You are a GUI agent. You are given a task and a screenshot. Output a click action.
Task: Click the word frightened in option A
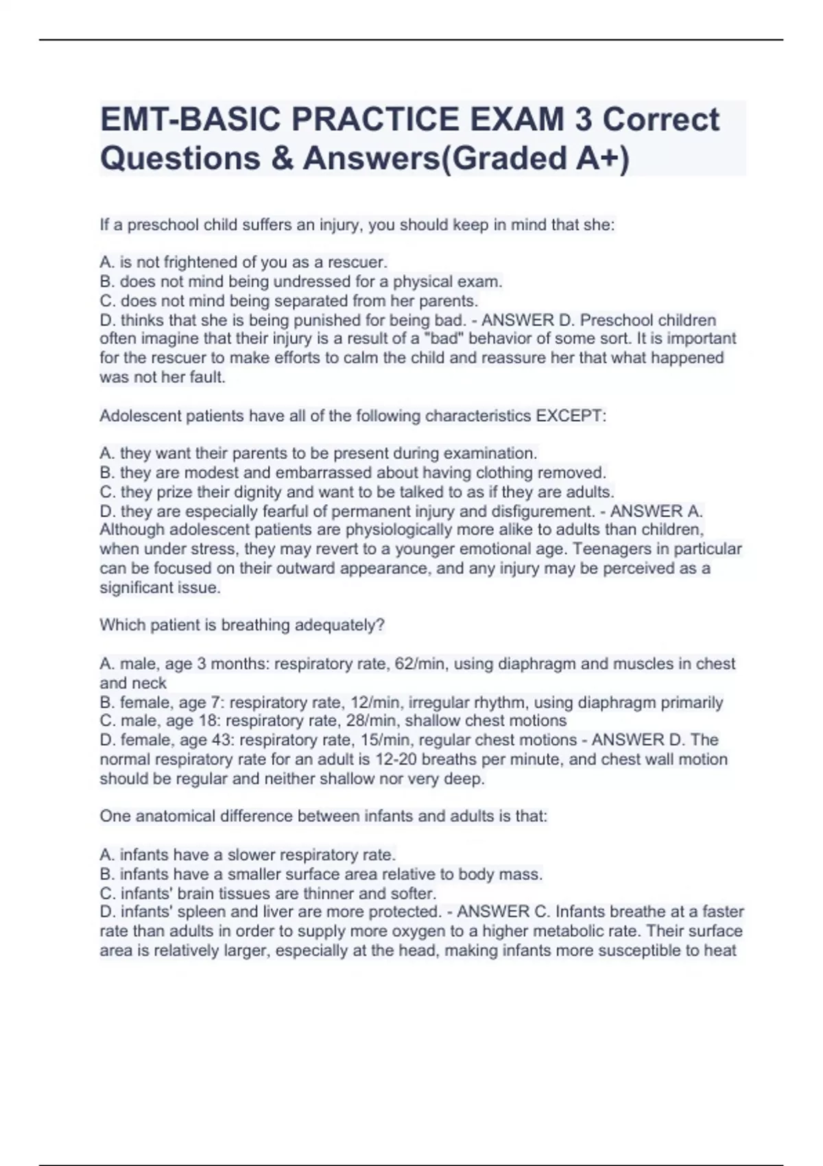[199, 262]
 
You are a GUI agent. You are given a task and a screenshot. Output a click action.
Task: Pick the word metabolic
[559, 931]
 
